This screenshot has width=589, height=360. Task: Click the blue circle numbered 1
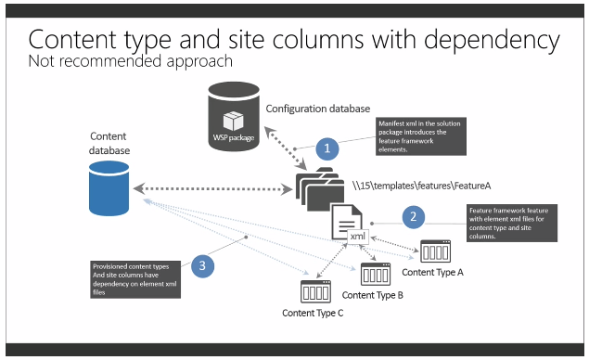point(326,148)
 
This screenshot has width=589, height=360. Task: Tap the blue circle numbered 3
point(206,266)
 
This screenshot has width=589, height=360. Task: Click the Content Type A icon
point(435,251)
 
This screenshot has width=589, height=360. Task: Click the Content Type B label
point(373,295)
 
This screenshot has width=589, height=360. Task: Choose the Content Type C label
point(314,313)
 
